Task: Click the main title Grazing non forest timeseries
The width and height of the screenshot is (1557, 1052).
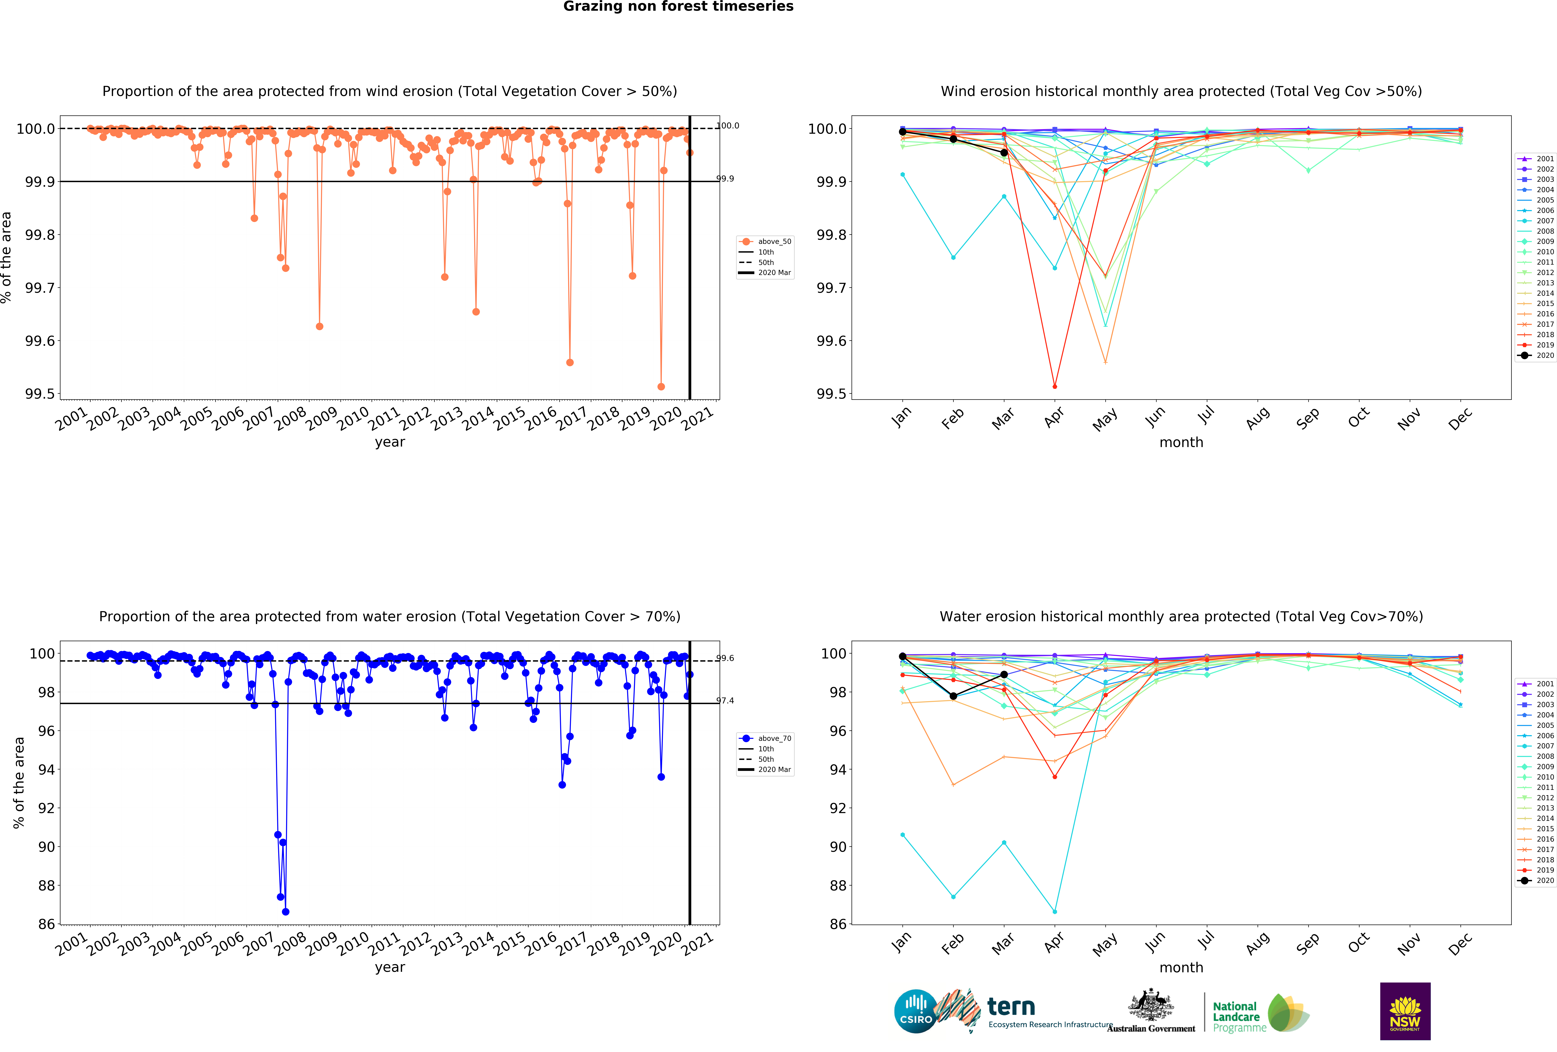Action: click(x=678, y=7)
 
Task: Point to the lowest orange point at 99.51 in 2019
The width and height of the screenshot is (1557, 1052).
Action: click(x=661, y=386)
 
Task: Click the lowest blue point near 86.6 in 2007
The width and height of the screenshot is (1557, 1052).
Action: click(x=285, y=911)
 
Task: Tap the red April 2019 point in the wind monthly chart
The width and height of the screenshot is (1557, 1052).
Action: click(x=1054, y=386)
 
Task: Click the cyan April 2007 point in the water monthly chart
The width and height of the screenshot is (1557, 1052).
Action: click(x=1054, y=911)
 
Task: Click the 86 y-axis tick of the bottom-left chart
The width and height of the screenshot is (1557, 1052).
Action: click(x=46, y=924)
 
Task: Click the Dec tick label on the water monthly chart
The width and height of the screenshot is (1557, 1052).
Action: click(x=1460, y=943)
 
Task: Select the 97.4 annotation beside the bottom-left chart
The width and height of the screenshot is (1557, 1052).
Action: click(x=726, y=700)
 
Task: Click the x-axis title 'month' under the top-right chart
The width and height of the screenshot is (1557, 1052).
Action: click(x=1181, y=443)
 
